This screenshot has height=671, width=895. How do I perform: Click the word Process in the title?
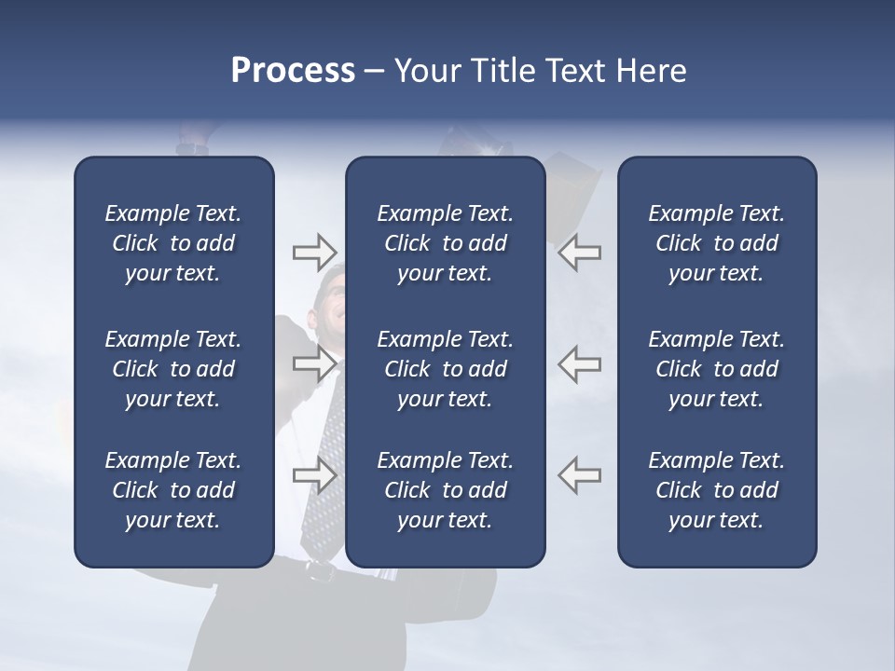[x=293, y=71]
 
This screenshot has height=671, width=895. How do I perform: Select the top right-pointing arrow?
[x=314, y=252]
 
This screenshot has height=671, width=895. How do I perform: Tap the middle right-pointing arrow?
[x=314, y=363]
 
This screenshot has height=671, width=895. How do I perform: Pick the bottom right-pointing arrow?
[x=314, y=475]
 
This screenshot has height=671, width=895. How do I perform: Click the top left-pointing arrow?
[x=580, y=252]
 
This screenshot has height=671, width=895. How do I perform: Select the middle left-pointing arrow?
[x=580, y=363]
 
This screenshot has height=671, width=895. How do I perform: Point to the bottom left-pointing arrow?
[x=580, y=475]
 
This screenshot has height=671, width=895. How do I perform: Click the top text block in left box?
[x=173, y=243]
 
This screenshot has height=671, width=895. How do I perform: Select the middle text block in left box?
[x=173, y=369]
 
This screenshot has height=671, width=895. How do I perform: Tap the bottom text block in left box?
[x=173, y=490]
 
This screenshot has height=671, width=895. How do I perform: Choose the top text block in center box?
[x=445, y=243]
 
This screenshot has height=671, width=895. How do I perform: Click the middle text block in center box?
[x=445, y=369]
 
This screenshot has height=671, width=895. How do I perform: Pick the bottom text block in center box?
[x=445, y=490]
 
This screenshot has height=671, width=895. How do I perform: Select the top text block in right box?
[x=716, y=243]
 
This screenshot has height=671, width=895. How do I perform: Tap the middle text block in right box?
[x=716, y=369]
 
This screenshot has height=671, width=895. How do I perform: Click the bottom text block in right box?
[x=716, y=490]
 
